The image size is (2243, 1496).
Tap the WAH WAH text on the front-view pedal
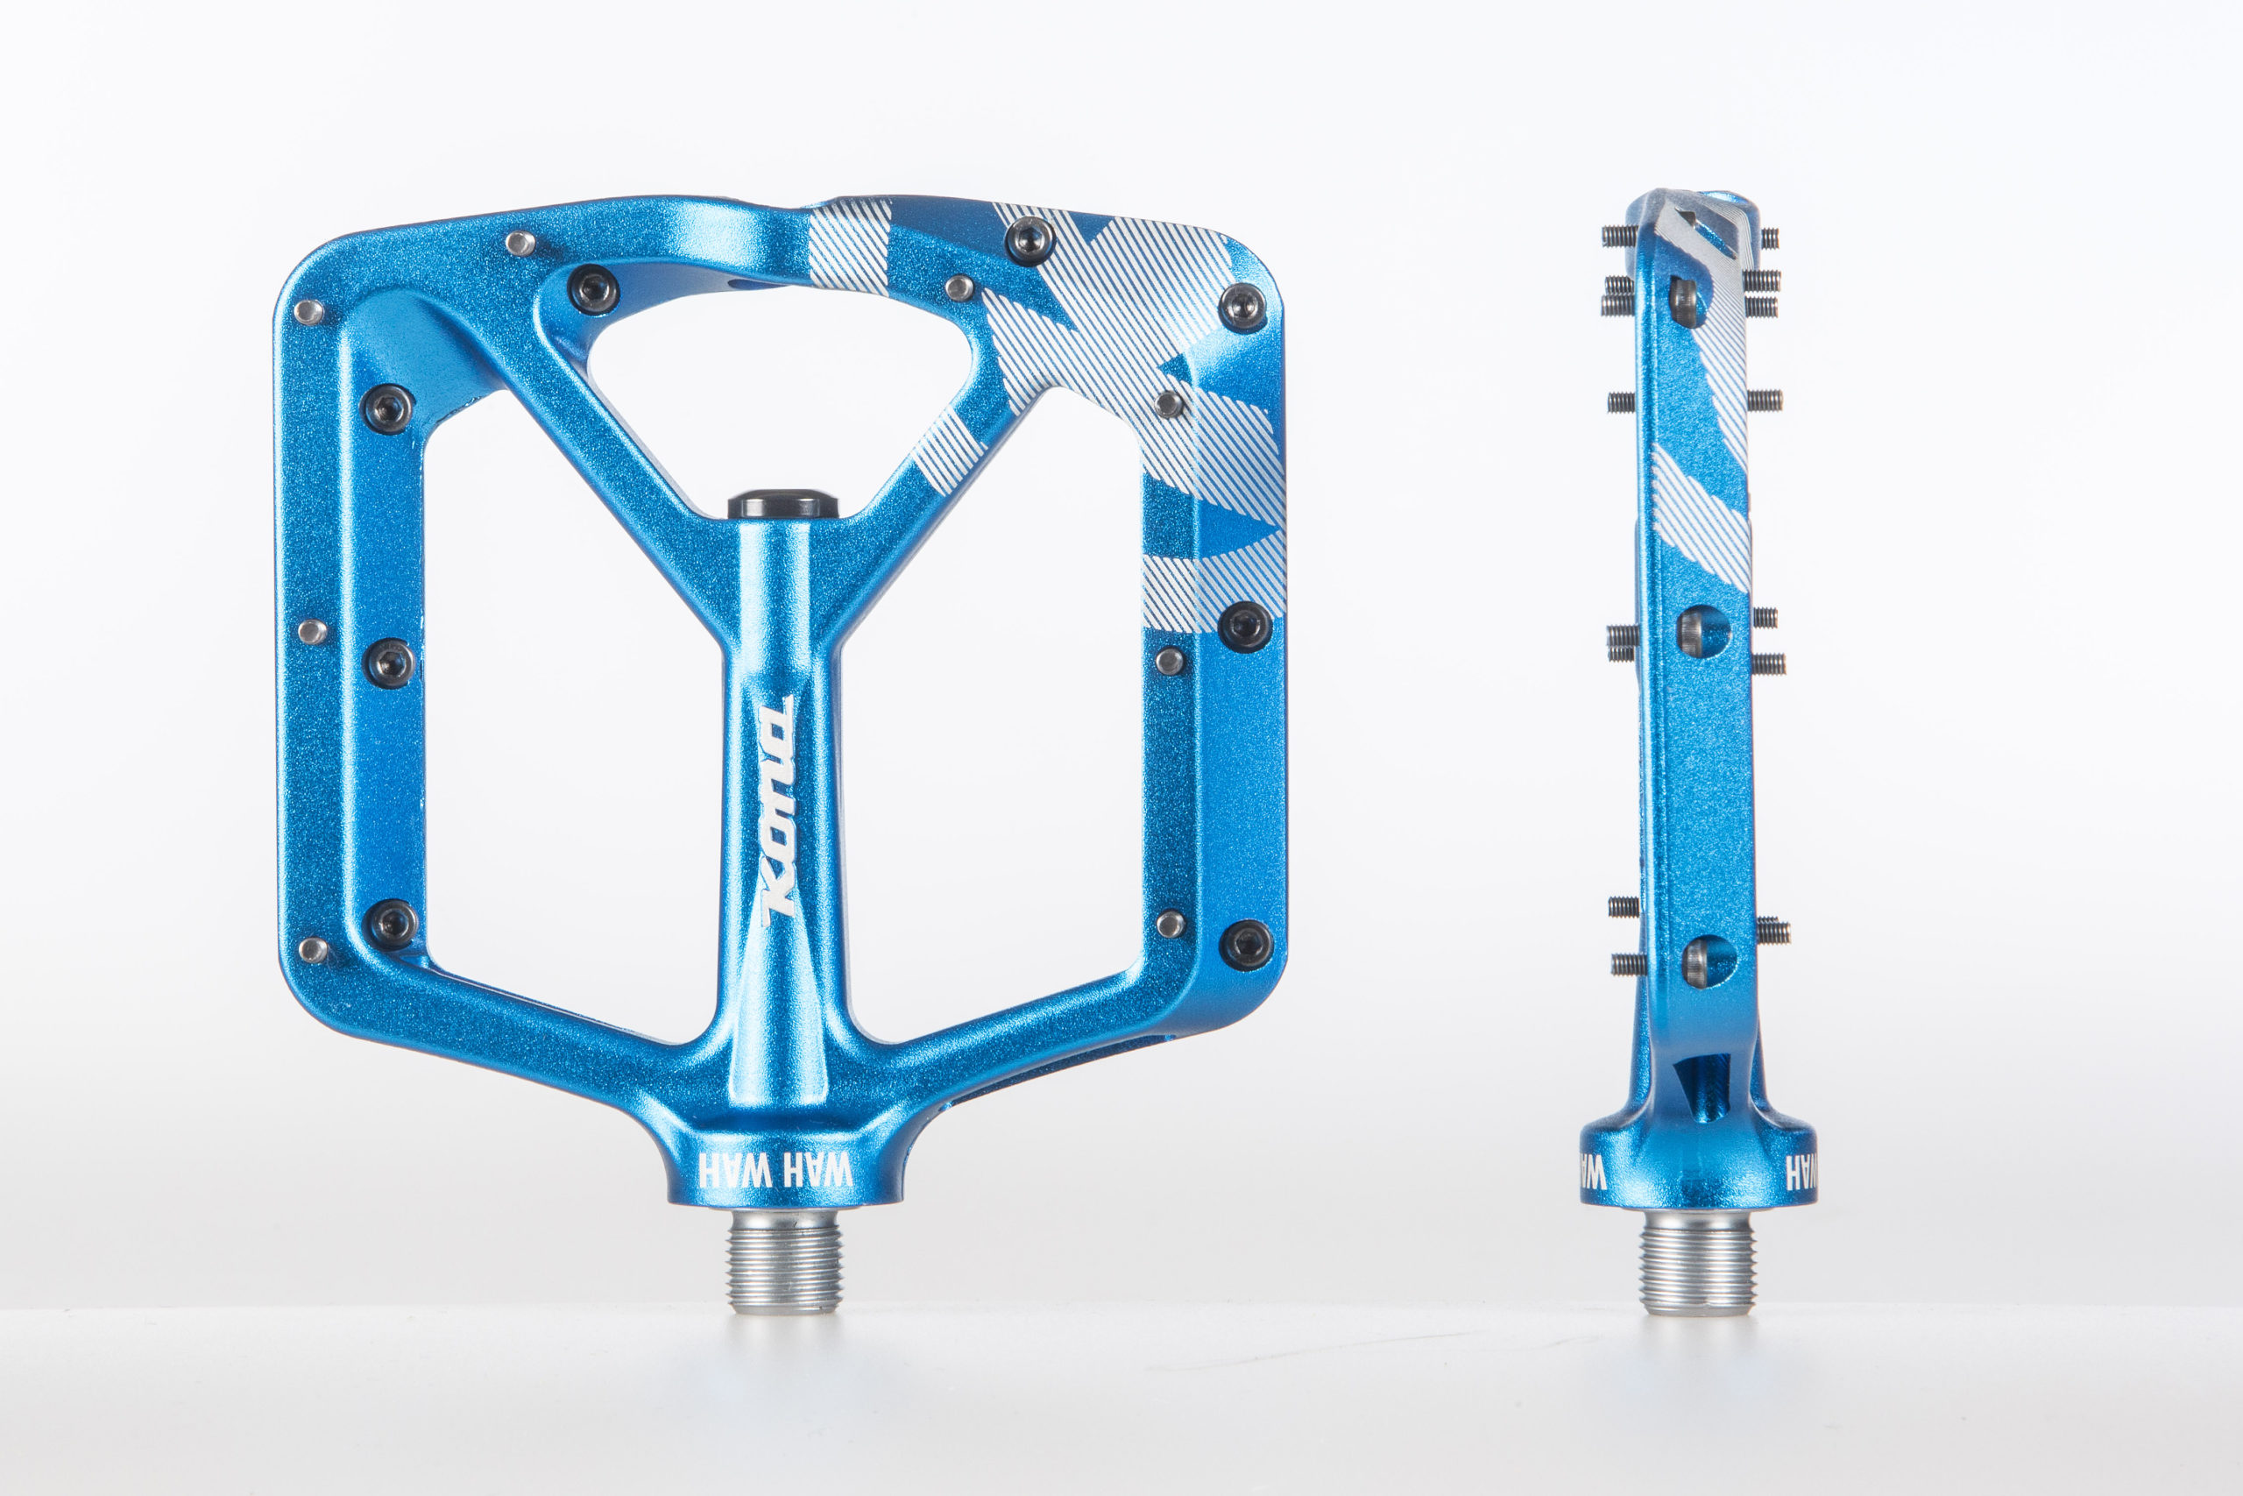coord(775,1170)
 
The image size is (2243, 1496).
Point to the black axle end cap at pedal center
coord(783,505)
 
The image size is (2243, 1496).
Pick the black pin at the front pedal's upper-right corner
coord(1243,308)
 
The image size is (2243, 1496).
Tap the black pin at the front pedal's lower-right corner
coord(1245,945)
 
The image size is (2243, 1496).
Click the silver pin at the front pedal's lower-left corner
coord(312,949)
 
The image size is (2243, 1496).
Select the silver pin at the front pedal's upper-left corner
coord(308,311)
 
